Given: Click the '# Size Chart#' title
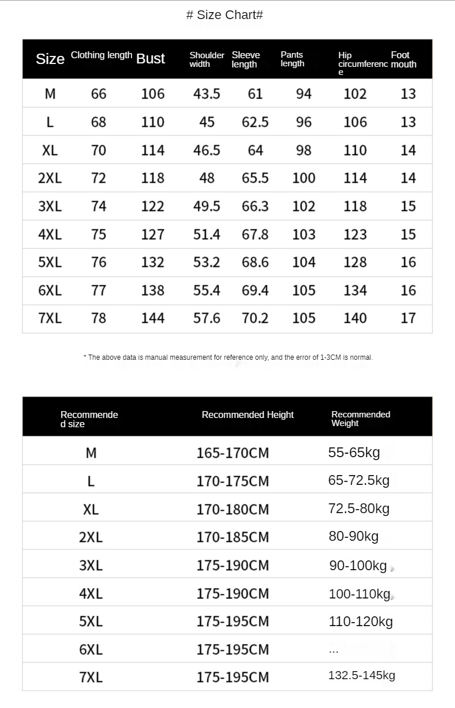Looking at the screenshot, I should click(x=224, y=15).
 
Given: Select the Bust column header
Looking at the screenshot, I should click(x=151, y=59).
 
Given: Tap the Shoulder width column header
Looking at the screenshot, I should click(x=206, y=59).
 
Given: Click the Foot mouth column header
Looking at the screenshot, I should click(x=403, y=59).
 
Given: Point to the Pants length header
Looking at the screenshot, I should click(x=292, y=59).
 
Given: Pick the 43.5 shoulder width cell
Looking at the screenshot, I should click(x=206, y=93).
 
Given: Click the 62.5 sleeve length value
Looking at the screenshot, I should click(x=255, y=122).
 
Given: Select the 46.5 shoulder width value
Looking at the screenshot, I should click(x=206, y=150).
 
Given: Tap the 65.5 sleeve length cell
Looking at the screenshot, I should click(x=255, y=178).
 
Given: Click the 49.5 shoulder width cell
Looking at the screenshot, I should click(x=206, y=206).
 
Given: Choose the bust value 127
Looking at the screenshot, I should click(x=153, y=235).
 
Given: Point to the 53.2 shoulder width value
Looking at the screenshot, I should click(x=206, y=262).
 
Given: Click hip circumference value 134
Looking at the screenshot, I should click(x=355, y=291).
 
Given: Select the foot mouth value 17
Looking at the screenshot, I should click(x=408, y=318).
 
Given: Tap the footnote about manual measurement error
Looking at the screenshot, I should click(x=228, y=357).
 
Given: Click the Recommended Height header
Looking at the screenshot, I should click(x=247, y=415).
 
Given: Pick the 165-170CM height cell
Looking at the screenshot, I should click(x=232, y=453).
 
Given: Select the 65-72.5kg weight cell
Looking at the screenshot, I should click(x=359, y=480).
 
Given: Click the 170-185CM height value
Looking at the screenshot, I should click(x=232, y=537).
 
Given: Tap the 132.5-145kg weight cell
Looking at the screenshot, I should click(x=362, y=676).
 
